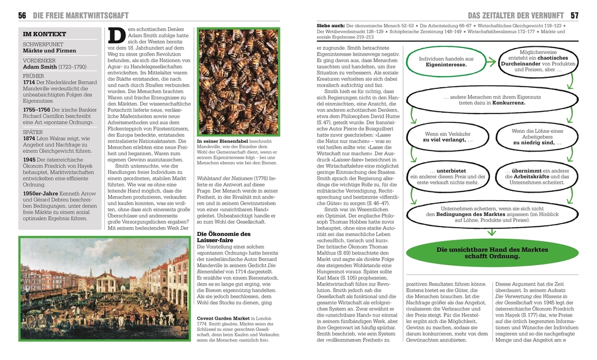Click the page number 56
tap(22, 15)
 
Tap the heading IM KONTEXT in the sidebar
tap(44, 34)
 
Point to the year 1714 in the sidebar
tap(29, 83)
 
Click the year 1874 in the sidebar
tap(29, 139)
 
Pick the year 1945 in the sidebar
tap(29, 159)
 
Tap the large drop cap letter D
tap(116, 36)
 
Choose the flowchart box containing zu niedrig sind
tap(536, 137)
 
